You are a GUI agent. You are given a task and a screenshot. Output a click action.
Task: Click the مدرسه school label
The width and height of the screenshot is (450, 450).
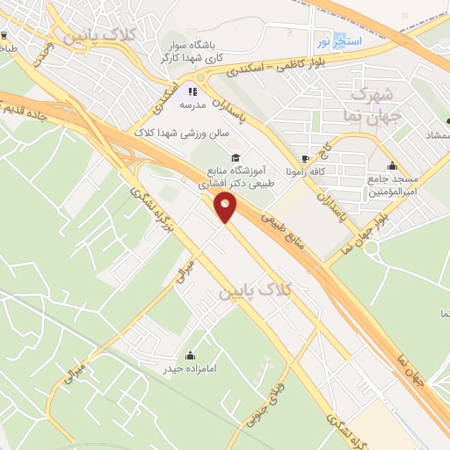(x=192, y=104)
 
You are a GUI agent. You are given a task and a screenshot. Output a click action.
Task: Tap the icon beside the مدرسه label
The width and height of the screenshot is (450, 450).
(x=192, y=90)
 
